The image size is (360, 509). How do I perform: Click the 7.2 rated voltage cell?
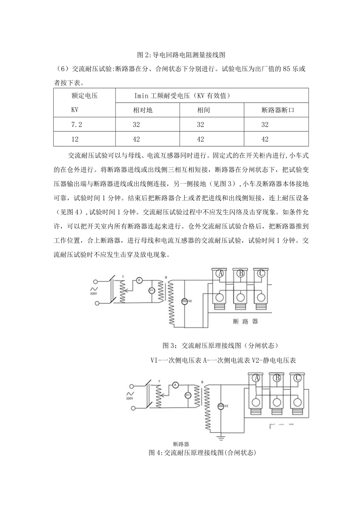coord(76,124)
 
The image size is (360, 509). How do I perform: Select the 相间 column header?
coord(203,110)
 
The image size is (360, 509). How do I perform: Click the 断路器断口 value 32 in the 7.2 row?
coord(265,124)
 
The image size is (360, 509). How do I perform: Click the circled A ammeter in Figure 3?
coord(138,280)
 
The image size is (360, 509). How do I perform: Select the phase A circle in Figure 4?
coord(257,378)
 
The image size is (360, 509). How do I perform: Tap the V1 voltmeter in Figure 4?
coord(187,396)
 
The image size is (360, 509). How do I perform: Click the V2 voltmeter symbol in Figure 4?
coord(221,406)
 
